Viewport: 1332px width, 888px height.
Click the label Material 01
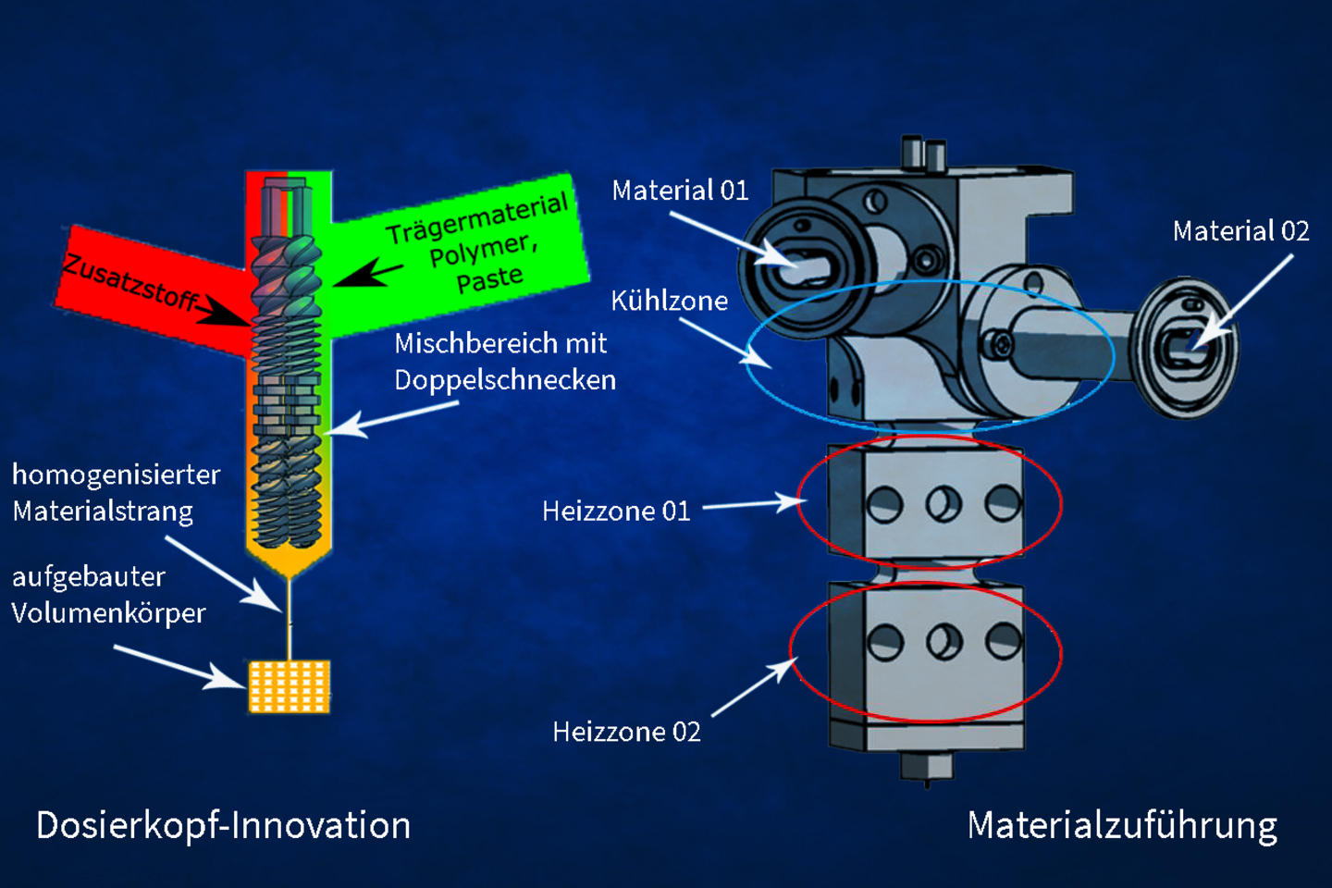click(680, 191)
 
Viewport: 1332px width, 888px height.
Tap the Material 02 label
click(1240, 231)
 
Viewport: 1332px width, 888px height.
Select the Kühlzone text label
click(669, 301)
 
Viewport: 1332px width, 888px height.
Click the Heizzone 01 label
click(616, 512)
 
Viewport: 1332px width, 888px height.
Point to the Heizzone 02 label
click(626, 733)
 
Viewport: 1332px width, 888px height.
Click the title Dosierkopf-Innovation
click(223, 825)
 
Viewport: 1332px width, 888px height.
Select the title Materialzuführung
click(1122, 825)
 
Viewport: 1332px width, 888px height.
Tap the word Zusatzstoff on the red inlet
click(130, 282)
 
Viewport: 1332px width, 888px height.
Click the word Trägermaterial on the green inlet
click(476, 218)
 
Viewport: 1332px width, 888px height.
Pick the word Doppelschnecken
click(505, 380)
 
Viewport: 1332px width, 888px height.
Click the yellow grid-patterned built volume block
click(290, 686)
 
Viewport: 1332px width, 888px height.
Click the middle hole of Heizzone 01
click(943, 504)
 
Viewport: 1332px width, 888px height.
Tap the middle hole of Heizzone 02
click(943, 641)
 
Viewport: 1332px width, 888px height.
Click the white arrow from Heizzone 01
click(754, 504)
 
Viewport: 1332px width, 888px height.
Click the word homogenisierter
click(117, 475)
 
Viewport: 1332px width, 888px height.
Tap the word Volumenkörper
click(108, 613)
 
